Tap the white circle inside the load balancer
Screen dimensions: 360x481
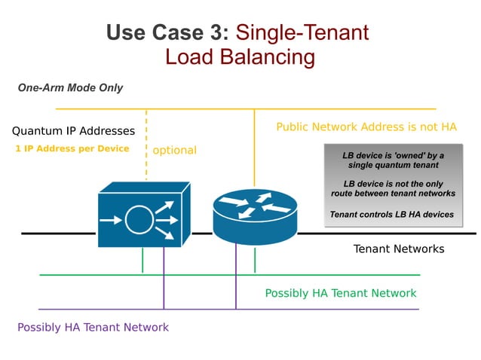click(x=139, y=221)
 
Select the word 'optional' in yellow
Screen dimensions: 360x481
click(x=174, y=150)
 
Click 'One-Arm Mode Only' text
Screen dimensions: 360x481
click(x=70, y=88)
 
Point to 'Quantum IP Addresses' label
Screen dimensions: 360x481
click(x=73, y=131)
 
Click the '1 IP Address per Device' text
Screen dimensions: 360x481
click(x=72, y=148)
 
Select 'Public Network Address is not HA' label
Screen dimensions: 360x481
click(x=366, y=127)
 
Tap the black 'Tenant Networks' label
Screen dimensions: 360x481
click(x=399, y=249)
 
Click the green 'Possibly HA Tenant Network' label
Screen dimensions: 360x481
click(x=341, y=293)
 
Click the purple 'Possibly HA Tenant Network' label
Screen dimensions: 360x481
click(x=93, y=327)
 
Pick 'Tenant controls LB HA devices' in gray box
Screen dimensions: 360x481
click(x=392, y=215)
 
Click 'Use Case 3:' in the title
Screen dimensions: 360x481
click(x=167, y=32)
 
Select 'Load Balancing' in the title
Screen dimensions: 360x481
click(x=240, y=57)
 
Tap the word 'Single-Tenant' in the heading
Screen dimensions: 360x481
click(x=302, y=32)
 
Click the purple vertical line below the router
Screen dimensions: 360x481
click(x=236, y=279)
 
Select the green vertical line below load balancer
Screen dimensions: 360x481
click(x=142, y=260)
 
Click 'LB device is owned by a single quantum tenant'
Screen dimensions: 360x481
click(x=393, y=160)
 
